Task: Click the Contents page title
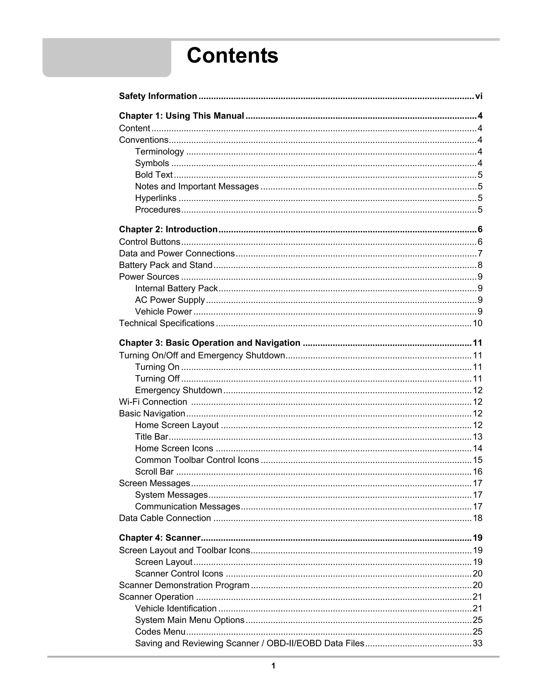point(232,56)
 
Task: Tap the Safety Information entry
point(158,96)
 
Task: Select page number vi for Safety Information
point(478,96)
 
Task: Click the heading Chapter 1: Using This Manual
point(181,116)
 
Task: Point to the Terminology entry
point(159,152)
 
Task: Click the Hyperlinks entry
point(156,198)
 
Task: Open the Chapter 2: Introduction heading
point(168,230)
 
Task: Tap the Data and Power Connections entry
point(177,254)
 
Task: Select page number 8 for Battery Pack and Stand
point(480,265)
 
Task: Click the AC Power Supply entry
point(170,300)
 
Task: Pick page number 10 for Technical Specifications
point(477,323)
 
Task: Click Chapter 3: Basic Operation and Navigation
point(209,343)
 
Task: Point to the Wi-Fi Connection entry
point(153,402)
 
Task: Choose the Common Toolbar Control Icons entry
point(197,460)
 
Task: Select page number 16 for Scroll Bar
point(477,472)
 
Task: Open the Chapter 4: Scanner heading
point(159,538)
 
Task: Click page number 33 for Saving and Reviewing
point(477,644)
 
